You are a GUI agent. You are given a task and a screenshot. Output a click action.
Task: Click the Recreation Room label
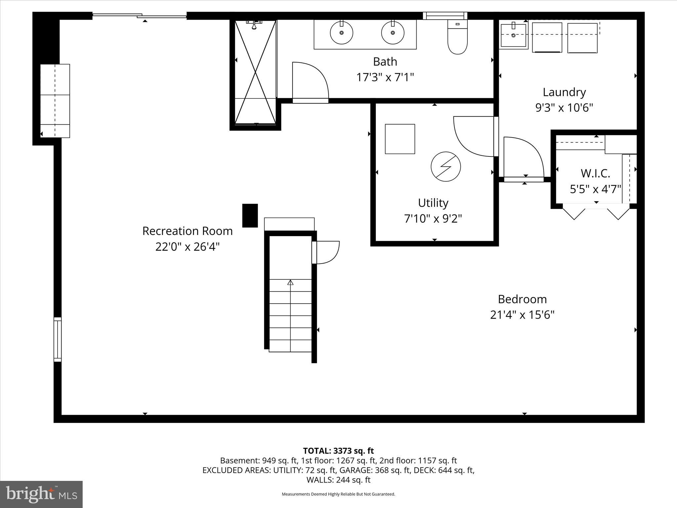[x=187, y=231]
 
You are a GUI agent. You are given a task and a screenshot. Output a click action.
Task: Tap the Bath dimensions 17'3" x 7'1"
[x=385, y=77]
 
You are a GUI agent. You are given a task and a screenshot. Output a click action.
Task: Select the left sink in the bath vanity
[x=341, y=33]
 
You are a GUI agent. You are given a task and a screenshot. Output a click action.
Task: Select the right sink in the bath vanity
[x=393, y=33]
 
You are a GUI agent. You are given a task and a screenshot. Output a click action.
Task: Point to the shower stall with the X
[x=255, y=72]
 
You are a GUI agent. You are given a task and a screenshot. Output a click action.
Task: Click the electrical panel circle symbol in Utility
[x=446, y=166]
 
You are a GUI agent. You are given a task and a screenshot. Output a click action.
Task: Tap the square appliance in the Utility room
[x=400, y=139]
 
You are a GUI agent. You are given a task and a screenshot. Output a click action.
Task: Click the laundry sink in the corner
[x=513, y=35]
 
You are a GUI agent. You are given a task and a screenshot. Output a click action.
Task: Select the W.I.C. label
[x=595, y=173]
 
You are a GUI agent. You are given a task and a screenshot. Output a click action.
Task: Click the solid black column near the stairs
[x=250, y=216]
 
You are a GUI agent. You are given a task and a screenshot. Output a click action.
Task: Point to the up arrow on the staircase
[x=290, y=282]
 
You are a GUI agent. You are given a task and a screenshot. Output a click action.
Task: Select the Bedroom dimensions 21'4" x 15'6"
[x=522, y=315]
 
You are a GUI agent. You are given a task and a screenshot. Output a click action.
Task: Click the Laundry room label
[x=564, y=92]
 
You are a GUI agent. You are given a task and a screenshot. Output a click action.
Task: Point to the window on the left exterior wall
[x=58, y=339]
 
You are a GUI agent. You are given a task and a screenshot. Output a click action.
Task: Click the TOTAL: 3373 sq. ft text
[x=338, y=451]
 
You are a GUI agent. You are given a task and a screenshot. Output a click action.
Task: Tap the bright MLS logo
[x=41, y=494]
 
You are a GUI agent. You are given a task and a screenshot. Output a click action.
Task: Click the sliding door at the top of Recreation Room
[x=139, y=16]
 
